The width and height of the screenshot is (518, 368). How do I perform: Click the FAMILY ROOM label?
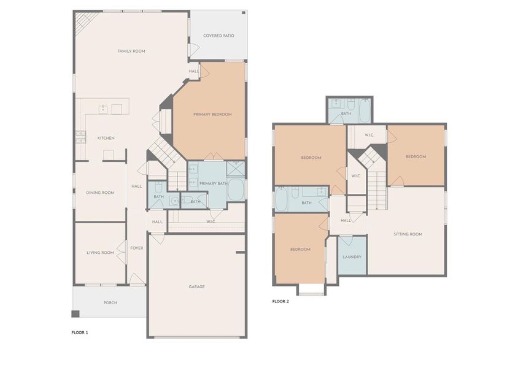click(131, 52)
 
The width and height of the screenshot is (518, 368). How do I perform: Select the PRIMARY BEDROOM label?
click(212, 115)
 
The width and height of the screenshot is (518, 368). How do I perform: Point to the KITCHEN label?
click(106, 138)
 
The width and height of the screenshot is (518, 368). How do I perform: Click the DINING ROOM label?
click(99, 193)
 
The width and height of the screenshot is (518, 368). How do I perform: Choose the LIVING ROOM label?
click(99, 252)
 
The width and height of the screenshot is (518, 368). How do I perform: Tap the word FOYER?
click(136, 248)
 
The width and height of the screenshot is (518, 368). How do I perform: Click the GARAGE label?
click(196, 286)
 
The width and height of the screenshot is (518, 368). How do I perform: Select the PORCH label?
click(110, 302)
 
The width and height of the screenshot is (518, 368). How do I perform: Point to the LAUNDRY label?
click(352, 257)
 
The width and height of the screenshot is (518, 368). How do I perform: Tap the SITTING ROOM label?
click(408, 234)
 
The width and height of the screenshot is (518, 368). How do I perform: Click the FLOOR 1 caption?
click(80, 332)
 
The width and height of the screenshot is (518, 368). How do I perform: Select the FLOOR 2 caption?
click(280, 301)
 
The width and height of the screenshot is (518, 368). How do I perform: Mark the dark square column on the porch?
click(75, 314)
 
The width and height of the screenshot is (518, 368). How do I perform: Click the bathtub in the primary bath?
click(236, 190)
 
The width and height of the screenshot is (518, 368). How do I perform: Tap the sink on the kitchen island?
click(102, 110)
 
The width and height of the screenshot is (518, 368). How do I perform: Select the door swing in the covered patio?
click(195, 51)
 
